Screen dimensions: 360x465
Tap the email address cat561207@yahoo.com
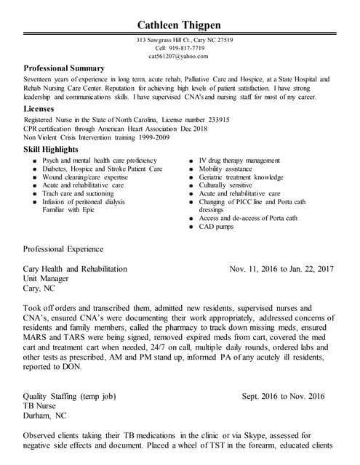click(178, 56)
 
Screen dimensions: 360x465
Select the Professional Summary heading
click(64, 68)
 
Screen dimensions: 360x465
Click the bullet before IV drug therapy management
click(189, 161)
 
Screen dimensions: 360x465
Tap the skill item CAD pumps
click(216, 227)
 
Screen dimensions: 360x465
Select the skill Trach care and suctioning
click(78, 194)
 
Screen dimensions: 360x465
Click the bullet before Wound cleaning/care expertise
click(33, 177)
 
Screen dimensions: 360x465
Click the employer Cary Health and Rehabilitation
click(75, 269)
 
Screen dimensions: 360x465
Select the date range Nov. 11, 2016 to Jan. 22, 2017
click(281, 269)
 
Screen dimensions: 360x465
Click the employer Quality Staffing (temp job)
click(69, 397)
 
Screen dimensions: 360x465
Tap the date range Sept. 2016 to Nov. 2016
click(283, 397)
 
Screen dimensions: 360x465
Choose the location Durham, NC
click(44, 416)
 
